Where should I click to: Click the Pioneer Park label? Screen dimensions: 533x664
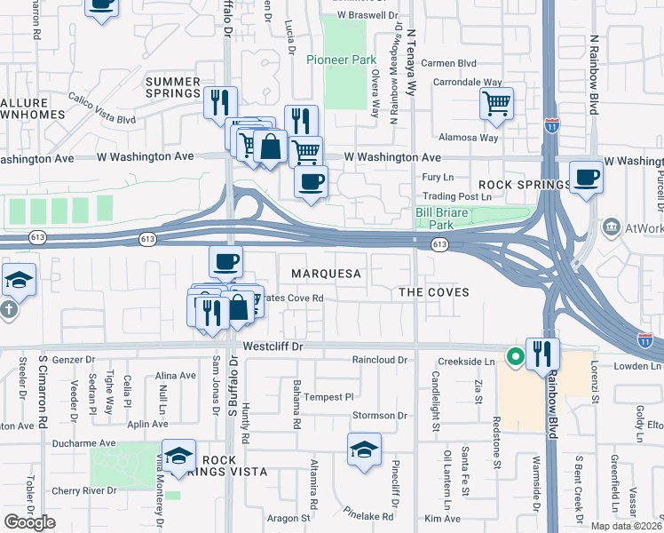(x=336, y=60)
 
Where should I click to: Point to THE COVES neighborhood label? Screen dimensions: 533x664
(x=433, y=292)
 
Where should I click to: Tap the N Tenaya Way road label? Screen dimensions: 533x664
(x=412, y=53)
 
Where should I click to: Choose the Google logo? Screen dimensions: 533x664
(x=29, y=522)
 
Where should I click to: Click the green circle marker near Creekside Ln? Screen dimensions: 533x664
(x=513, y=358)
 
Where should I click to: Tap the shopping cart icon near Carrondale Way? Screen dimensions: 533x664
(x=496, y=102)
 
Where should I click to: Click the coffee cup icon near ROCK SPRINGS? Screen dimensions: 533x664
(x=585, y=177)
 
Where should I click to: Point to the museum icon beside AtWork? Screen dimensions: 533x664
(x=611, y=228)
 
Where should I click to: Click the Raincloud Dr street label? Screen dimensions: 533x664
(x=379, y=361)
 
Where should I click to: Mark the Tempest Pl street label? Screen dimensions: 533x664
(x=329, y=397)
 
